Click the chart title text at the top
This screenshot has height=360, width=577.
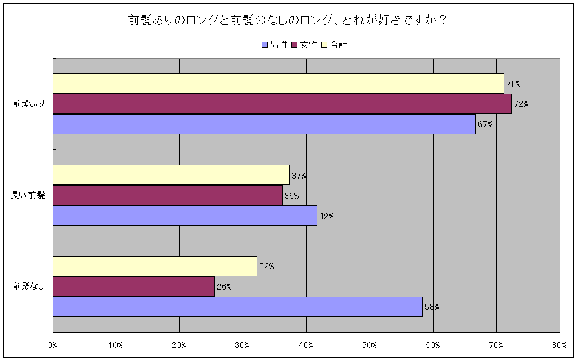tap(288, 20)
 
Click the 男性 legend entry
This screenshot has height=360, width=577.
tap(274, 45)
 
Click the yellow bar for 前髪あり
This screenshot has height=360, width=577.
tap(278, 84)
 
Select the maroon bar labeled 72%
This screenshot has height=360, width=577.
tap(282, 104)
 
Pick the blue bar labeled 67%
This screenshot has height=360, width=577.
tap(264, 124)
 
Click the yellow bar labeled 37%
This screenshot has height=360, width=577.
tap(171, 175)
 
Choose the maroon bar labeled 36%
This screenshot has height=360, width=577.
tap(167, 195)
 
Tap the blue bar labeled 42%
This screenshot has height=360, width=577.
tap(185, 216)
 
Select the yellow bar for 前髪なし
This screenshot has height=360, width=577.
tap(155, 266)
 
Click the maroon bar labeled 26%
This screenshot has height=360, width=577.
tap(133, 287)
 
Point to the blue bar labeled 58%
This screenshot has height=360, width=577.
tap(237, 307)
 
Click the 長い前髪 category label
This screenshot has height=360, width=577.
tap(28, 195)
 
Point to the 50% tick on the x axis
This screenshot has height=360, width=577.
tap(369, 345)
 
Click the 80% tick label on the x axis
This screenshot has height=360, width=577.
tap(559, 345)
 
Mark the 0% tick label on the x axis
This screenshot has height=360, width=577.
tap(53, 345)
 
